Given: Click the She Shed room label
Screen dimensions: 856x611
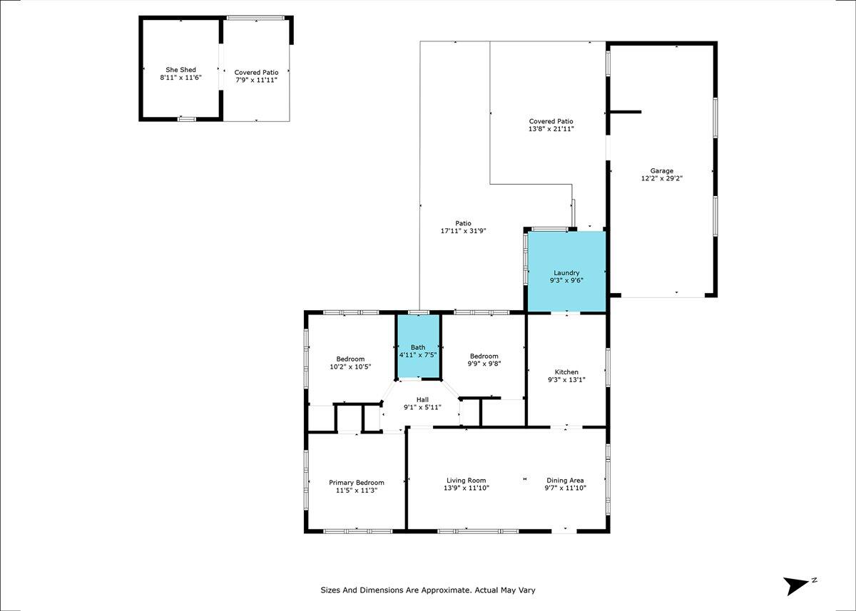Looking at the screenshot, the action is tap(180, 70).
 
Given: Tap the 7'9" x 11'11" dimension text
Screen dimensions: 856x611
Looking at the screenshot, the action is tap(256, 80).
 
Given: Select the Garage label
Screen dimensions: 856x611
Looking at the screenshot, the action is tap(662, 171).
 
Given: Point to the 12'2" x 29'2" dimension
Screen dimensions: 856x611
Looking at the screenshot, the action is tap(662, 178).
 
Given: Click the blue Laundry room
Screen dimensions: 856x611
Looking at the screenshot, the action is tap(566, 272).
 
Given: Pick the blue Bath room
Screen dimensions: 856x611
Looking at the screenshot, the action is tap(418, 346).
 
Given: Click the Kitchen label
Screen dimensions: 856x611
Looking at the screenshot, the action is tap(566, 372).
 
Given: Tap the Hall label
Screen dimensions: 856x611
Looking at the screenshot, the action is tap(422, 399).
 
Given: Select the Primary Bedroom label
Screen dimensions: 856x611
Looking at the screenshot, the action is tap(357, 483).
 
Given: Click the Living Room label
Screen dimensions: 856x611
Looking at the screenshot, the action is tap(467, 481).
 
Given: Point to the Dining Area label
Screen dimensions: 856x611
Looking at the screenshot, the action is tap(565, 481).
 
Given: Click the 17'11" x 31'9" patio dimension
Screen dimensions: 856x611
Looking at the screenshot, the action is tap(463, 231).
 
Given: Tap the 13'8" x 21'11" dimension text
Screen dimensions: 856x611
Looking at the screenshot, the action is tap(551, 129).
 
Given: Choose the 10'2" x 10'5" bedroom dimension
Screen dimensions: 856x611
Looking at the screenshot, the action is tap(350, 367).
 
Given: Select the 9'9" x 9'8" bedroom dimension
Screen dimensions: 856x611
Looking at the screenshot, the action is tap(484, 364).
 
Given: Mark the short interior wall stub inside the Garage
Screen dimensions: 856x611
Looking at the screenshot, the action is tap(625, 112).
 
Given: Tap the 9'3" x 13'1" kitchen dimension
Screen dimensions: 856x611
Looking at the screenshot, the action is tap(566, 379).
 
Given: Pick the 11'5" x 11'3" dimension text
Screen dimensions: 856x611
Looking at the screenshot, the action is tap(357, 491).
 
